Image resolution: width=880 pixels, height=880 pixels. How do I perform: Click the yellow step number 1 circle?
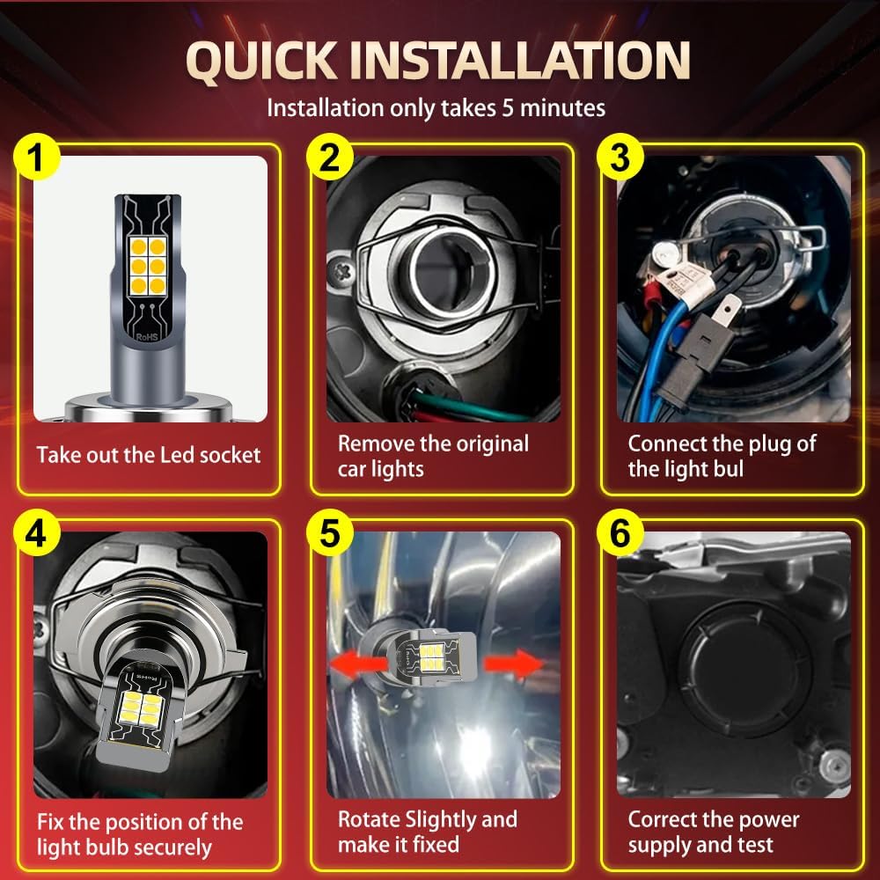tap(36, 158)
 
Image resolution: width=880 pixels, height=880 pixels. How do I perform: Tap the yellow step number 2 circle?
tap(330, 158)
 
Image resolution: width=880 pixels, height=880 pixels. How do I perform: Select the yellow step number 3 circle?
tap(620, 158)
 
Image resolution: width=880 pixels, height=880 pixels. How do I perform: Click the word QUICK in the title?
tap(261, 62)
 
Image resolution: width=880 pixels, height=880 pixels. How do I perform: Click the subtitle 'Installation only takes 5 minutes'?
tap(436, 107)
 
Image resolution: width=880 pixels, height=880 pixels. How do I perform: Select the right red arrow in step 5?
tap(514, 664)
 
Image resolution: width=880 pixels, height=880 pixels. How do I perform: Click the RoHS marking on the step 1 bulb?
tap(147, 337)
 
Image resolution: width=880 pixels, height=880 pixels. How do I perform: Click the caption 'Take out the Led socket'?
tap(149, 455)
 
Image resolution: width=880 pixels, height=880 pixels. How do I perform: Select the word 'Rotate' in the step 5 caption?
tap(368, 819)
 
